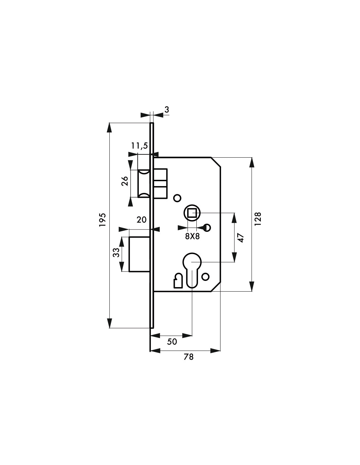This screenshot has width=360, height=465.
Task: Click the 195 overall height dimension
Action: pos(102,220)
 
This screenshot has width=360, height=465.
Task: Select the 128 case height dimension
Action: pos(258,219)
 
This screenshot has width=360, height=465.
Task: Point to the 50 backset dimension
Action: pos(172,342)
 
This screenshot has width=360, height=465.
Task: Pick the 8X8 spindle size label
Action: pos(192,236)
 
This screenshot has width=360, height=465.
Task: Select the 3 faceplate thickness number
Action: pos(167,110)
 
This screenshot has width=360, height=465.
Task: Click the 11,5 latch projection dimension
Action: pos(139,146)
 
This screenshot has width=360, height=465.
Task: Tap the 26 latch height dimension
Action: pos(125,181)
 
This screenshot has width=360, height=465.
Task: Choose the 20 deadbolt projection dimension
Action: pos(142,219)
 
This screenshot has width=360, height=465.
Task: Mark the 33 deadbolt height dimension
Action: pos(116,252)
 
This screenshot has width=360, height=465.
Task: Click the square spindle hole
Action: pos(192,213)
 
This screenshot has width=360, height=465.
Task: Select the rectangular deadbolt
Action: pos(139,254)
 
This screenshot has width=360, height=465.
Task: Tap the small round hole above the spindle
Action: pos(177,198)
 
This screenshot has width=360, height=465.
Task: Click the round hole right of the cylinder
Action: pos(206,277)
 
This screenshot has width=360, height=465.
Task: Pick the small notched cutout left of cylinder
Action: pos(178,280)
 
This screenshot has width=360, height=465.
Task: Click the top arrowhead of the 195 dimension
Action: pos(109,127)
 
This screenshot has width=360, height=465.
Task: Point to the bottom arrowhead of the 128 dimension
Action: pos(252,286)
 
